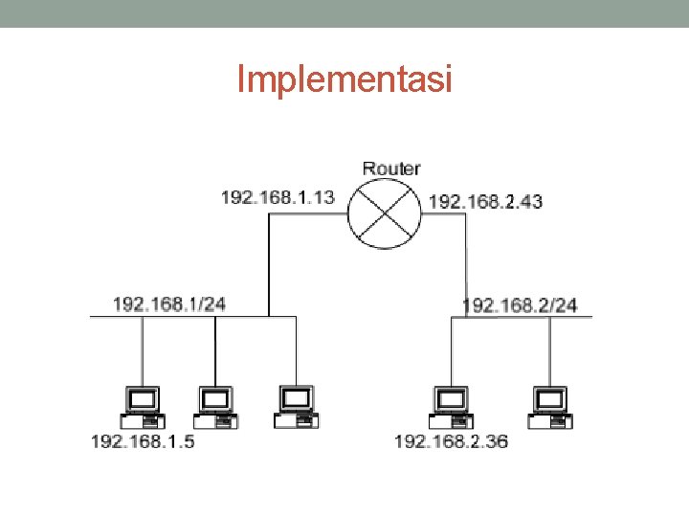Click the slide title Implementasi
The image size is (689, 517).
[344, 79]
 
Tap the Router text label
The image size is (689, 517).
[390, 169]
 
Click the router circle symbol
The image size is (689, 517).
[384, 214]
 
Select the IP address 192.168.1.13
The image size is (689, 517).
[278, 197]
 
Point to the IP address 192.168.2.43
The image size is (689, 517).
[485, 201]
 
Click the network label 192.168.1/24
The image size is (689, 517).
[169, 304]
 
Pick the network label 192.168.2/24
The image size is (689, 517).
[520, 305]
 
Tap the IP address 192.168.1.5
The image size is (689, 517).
[143, 441]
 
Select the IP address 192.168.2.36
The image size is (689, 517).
[452, 441]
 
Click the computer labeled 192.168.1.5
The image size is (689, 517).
[143, 407]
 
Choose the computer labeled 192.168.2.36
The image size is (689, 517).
[450, 407]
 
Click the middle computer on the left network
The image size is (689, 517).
[215, 407]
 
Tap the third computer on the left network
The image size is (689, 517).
[296, 406]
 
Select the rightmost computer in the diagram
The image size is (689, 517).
[550, 407]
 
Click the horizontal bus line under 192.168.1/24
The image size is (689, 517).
[191, 317]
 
